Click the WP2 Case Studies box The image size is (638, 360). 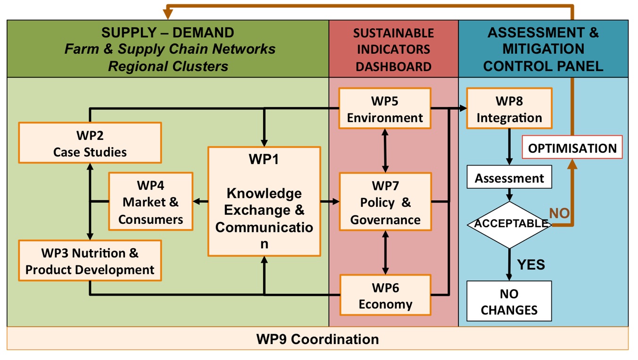click(90, 143)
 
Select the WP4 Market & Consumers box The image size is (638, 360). click(150, 201)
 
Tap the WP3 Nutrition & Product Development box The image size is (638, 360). click(90, 261)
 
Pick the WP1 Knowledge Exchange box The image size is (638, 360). click(264, 202)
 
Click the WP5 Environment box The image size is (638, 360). click(385, 108)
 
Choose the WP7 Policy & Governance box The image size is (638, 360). click(385, 202)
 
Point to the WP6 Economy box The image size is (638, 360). click(385, 295)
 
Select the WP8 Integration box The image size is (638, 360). click(509, 108)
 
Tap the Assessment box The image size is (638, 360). click(509, 179)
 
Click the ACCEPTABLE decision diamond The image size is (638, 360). click(509, 224)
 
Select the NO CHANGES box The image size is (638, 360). click(509, 302)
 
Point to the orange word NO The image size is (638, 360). click(559, 213)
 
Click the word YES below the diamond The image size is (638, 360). click(531, 264)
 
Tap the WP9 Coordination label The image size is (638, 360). click(317, 339)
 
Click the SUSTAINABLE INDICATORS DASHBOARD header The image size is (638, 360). click(393, 49)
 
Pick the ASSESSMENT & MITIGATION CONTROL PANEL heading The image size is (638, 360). click(543, 49)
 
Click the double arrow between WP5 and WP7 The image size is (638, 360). click(386, 151)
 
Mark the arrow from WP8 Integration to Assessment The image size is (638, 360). click(509, 147)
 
